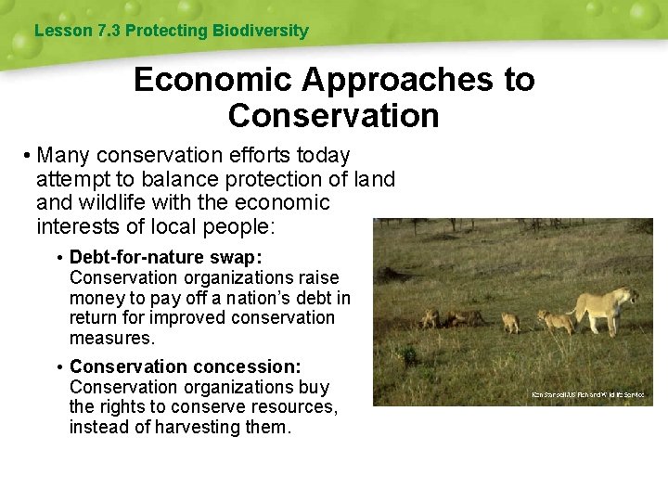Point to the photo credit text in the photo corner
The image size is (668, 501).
tap(588, 395)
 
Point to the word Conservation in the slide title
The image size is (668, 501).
tap(333, 117)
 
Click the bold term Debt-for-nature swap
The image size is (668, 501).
tap(166, 257)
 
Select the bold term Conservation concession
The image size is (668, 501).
tap(185, 366)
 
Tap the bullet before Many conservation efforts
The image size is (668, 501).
tap(30, 155)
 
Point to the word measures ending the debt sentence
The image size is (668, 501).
tap(106, 338)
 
